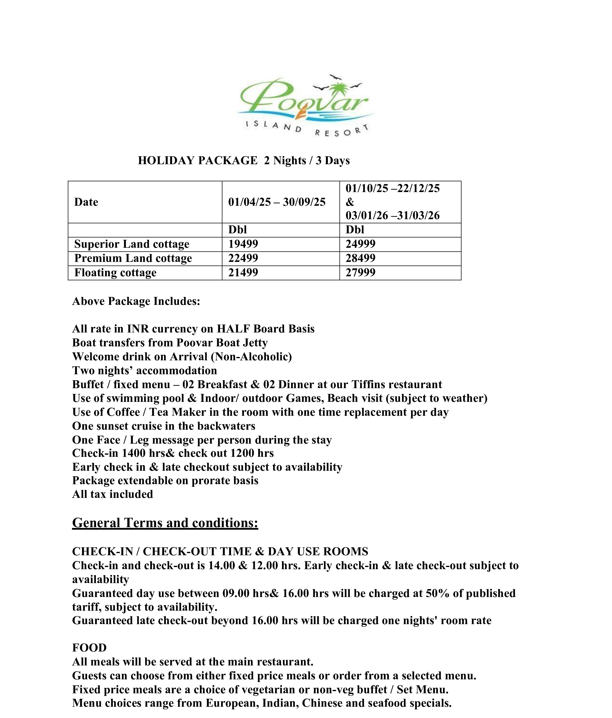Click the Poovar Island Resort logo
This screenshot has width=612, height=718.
[305, 106]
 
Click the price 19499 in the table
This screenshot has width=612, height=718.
[243, 244]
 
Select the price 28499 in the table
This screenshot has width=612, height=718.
[360, 258]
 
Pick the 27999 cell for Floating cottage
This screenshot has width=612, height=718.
[360, 272]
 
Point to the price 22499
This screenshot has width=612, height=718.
[243, 258]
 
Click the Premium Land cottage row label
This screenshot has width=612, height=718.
[133, 258]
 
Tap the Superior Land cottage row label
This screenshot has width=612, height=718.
[132, 244]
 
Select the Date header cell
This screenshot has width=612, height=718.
[86, 202]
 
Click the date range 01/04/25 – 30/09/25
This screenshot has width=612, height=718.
[276, 202]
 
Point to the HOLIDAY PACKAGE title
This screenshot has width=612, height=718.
[244, 160]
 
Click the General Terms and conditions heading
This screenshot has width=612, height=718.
[165, 523]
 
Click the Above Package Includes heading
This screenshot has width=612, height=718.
[136, 301]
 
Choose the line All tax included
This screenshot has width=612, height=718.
[113, 494]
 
